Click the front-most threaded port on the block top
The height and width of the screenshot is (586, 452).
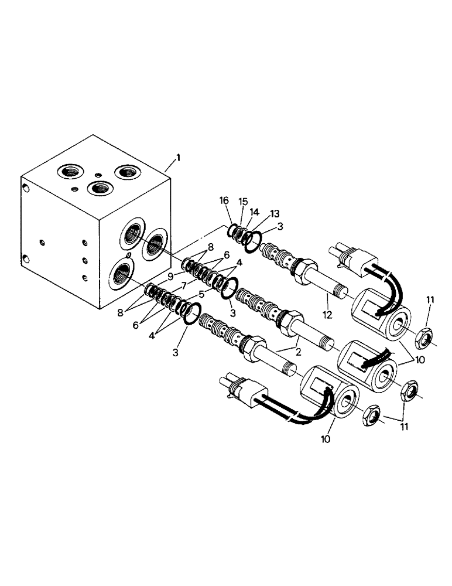tap(98, 189)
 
